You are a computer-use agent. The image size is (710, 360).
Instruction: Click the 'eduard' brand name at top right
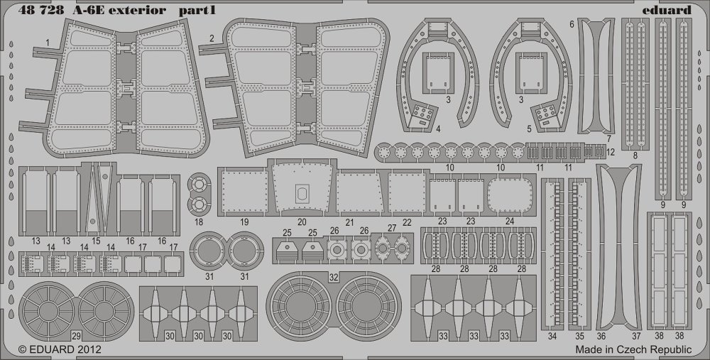click(672, 10)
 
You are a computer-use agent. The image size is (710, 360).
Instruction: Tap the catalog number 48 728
click(41, 11)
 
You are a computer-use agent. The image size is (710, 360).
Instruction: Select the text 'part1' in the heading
click(197, 11)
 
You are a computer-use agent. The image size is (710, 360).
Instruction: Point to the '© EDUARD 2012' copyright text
click(60, 349)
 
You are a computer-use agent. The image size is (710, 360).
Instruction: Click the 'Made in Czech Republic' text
click(633, 349)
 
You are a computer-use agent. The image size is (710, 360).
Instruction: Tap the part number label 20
click(302, 222)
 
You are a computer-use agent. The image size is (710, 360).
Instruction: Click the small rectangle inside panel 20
click(302, 194)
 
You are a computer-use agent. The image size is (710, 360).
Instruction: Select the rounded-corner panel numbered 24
click(509, 196)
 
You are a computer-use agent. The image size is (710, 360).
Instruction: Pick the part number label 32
click(334, 278)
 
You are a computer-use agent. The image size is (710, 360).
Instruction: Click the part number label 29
click(76, 336)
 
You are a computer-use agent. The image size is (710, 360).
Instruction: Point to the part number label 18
click(199, 222)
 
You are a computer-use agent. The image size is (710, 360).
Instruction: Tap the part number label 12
click(611, 152)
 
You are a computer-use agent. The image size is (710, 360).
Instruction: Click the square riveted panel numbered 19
click(245, 192)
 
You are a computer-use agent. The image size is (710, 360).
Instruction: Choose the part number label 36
click(601, 336)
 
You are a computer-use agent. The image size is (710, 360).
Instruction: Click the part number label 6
click(572, 24)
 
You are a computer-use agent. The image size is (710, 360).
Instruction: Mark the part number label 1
click(47, 43)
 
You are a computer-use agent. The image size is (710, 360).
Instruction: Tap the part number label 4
click(438, 129)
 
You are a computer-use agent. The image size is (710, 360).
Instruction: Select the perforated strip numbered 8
click(635, 84)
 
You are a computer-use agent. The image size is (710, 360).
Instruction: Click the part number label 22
click(407, 222)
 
